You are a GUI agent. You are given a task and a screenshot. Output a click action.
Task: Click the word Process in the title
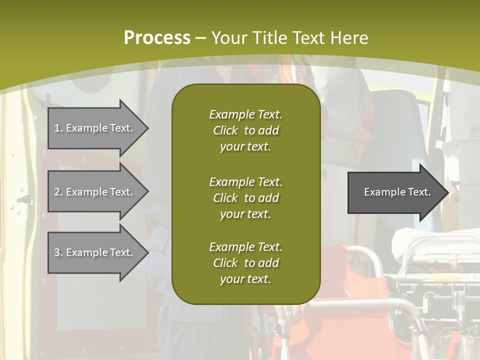point(157,38)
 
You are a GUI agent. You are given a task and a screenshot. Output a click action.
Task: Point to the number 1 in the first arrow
point(57,128)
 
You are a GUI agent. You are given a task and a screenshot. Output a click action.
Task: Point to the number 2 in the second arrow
point(57,192)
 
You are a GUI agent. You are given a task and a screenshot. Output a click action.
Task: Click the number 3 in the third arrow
point(57,252)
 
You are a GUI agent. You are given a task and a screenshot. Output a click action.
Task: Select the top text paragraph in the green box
point(245,130)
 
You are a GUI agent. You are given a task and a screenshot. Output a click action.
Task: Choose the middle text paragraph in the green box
point(245,198)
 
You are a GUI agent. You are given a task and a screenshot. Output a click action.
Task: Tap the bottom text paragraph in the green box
point(245,263)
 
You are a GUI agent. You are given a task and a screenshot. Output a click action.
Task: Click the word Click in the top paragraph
point(225,130)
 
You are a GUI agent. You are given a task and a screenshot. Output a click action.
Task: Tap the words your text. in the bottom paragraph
point(245,279)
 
